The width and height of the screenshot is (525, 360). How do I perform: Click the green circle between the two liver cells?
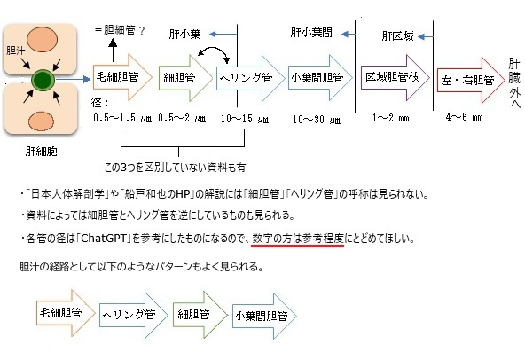tap(43, 81)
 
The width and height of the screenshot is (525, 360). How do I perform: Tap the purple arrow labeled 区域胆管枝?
tap(396, 77)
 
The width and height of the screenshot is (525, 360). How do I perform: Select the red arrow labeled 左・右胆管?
tap(471, 80)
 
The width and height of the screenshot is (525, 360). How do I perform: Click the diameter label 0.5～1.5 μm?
tap(122, 118)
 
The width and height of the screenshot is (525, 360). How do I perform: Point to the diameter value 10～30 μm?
tap(317, 120)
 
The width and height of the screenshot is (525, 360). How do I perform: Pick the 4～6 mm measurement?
tap(464, 117)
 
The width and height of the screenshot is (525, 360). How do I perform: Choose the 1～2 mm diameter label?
tap(391, 118)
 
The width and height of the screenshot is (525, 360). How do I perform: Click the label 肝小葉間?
tap(311, 33)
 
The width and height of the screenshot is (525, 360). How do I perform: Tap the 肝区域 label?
tap(398, 35)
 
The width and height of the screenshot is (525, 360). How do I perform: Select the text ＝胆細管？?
tap(120, 30)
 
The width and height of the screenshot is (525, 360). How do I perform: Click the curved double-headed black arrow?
tap(214, 52)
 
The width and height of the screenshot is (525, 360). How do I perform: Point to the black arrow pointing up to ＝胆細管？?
tap(113, 50)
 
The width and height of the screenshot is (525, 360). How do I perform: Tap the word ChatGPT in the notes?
tap(104, 239)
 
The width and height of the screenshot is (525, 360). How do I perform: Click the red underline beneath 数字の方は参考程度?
tap(298, 247)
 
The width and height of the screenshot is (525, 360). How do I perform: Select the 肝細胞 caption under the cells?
tap(41, 152)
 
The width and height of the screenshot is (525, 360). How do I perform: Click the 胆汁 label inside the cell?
tap(15, 51)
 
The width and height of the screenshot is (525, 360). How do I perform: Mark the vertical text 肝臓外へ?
tap(514, 83)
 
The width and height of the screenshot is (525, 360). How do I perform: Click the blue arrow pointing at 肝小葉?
tap(223, 35)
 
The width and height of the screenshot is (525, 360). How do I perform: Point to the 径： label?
tap(100, 102)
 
